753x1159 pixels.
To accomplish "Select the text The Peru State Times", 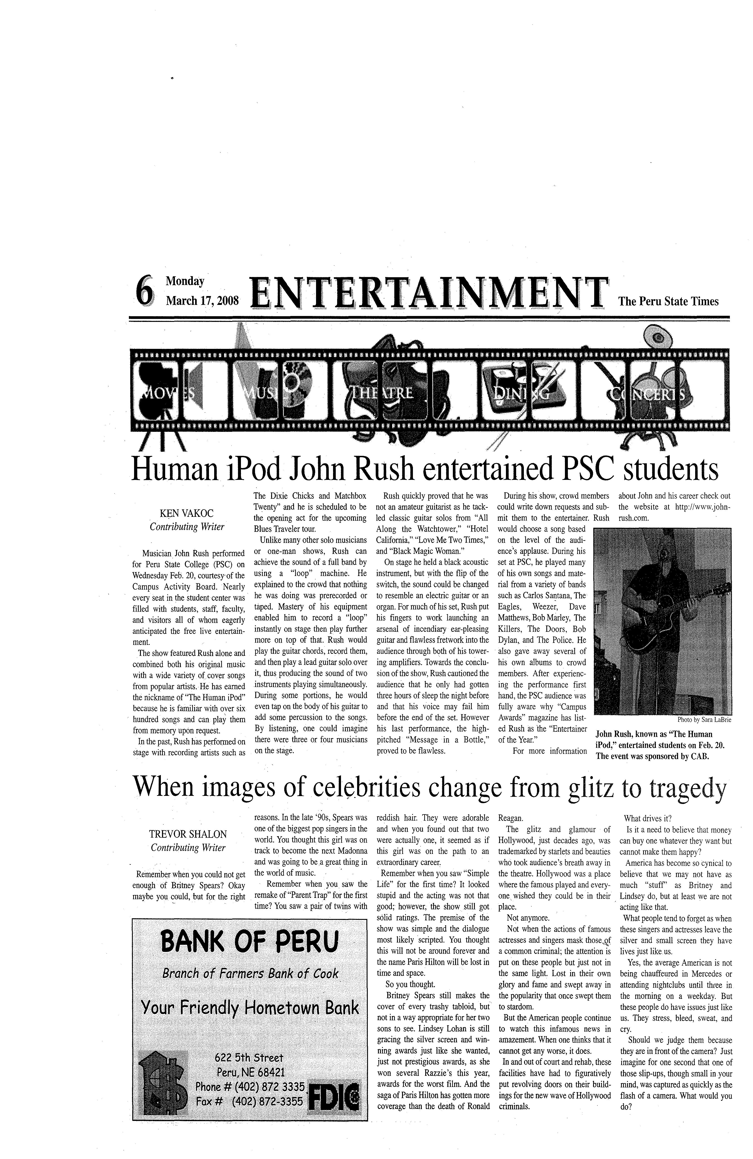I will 668,301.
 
